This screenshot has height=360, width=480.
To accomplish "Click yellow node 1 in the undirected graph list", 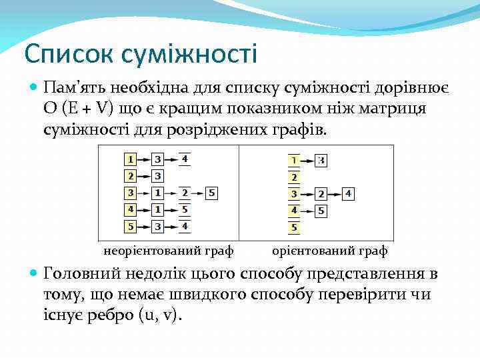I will click(x=130, y=159).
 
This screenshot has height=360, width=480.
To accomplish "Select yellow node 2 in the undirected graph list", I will click(x=130, y=177).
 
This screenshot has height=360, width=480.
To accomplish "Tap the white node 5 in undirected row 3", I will click(x=211, y=193).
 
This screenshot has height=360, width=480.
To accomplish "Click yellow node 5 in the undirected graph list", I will click(x=130, y=227).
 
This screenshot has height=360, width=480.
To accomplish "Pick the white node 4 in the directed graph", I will click(x=349, y=194).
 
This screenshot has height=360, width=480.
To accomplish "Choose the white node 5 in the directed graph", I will click(x=321, y=211).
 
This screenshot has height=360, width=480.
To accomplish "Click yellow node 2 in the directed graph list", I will click(x=294, y=177).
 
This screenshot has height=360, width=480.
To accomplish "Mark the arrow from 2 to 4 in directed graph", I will click(x=335, y=194).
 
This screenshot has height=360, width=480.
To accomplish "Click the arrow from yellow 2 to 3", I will click(x=144, y=177).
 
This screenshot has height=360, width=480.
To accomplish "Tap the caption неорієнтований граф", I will click(x=168, y=251).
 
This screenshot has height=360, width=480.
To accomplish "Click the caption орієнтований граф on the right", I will click(x=330, y=251).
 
